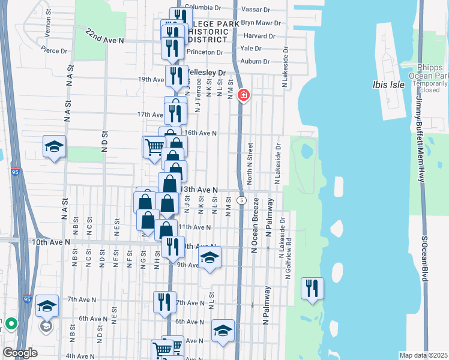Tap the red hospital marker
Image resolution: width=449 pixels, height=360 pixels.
243,95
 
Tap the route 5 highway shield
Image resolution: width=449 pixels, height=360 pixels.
241,199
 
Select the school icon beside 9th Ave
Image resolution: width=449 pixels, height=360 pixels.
209,257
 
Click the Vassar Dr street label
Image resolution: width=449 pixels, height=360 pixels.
256,10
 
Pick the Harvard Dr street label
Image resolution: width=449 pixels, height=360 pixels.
259,36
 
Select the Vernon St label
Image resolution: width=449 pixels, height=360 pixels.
47,28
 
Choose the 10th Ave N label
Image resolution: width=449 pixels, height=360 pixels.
51,242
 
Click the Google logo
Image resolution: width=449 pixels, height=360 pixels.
20,353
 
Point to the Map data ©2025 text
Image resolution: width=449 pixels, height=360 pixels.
423,355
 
